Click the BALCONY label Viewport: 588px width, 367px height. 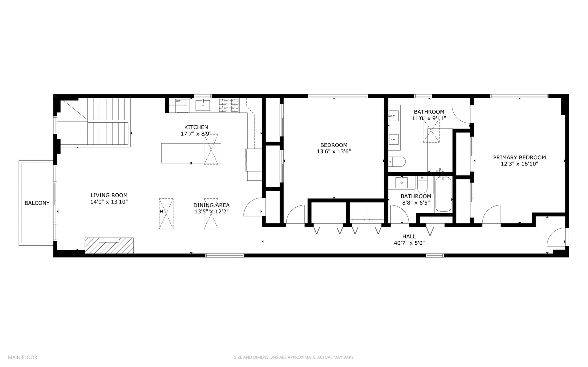(x=37, y=203)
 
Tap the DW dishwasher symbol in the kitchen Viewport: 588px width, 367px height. (x=178, y=101)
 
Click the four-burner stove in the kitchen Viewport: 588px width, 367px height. (x=229, y=105)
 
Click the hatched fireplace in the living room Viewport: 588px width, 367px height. (x=109, y=245)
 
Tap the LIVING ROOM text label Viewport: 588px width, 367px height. (x=109, y=195)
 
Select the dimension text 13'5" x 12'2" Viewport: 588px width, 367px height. (x=211, y=211)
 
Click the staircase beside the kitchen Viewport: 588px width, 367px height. (x=109, y=122)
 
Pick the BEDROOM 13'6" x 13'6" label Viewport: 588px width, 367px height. (x=334, y=148)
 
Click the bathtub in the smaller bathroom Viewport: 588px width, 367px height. (x=443, y=194)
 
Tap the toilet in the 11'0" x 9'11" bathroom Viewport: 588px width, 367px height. (x=397, y=161)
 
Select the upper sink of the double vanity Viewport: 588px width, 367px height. (x=394, y=116)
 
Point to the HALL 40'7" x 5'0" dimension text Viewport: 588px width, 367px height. (x=409, y=243)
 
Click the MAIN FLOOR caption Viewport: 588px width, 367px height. (x=22, y=357)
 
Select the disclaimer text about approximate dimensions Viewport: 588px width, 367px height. (x=293, y=357)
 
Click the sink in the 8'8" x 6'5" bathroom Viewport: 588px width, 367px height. (x=402, y=182)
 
